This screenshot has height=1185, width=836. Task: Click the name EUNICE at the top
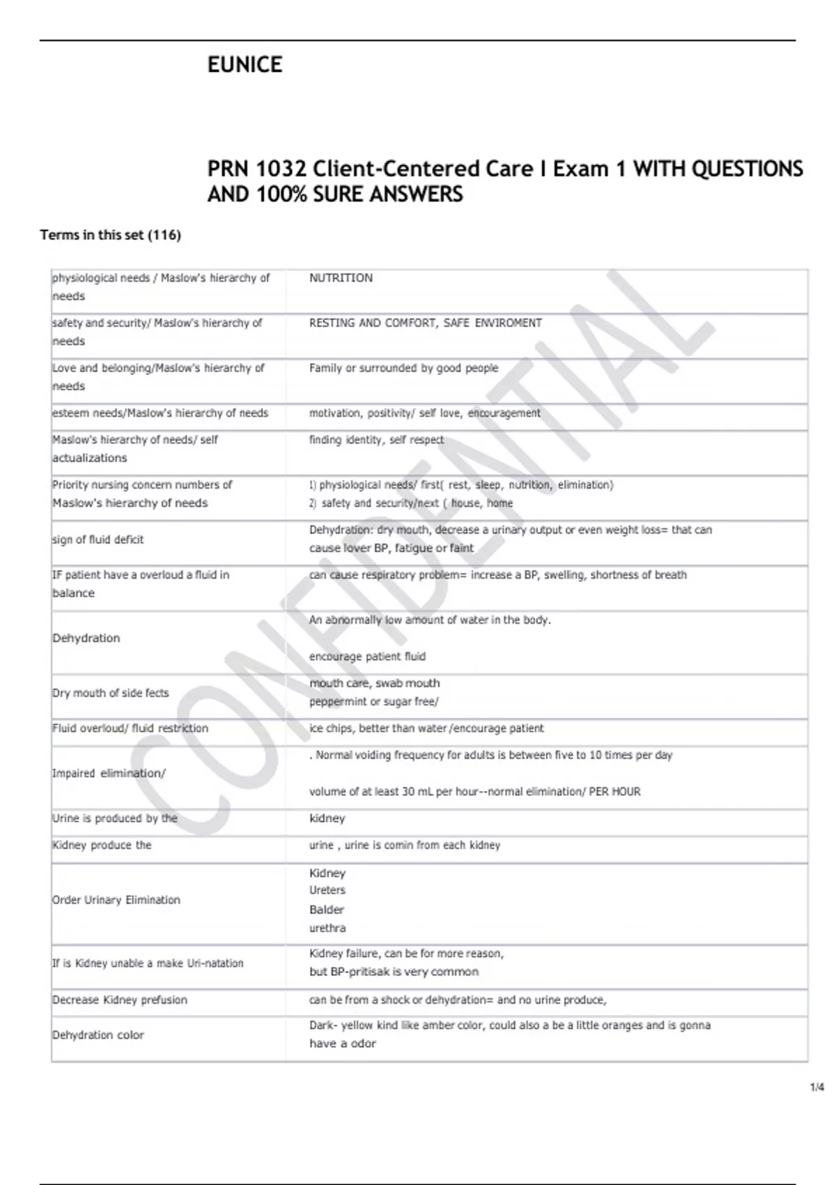pos(245,65)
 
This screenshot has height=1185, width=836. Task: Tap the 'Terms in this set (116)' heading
pos(110,235)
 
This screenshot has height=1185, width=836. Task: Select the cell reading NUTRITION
pos(341,278)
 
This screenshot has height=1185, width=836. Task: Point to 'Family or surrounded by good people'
pos(403,368)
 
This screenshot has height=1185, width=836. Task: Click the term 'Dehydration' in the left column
pos(86,638)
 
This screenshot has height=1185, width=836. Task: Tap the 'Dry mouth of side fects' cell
pos(110,693)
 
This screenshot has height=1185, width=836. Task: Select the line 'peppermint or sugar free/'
pos(373,702)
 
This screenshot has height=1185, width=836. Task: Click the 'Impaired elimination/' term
pos(109,773)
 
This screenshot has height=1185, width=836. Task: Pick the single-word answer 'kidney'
pos(327,818)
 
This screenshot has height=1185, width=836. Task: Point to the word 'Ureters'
pos(327,890)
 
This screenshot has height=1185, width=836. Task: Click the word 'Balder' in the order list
pos(326,910)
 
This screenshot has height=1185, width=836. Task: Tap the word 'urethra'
pos(327,928)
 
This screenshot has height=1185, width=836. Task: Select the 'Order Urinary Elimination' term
pos(116,900)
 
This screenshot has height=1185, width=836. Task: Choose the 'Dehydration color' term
pos(98,1035)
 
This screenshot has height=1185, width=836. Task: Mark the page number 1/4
pos(816,1087)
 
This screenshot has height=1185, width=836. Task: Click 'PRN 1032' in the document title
pos(256,169)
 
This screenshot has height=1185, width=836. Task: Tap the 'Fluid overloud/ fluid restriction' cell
pos(130,728)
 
